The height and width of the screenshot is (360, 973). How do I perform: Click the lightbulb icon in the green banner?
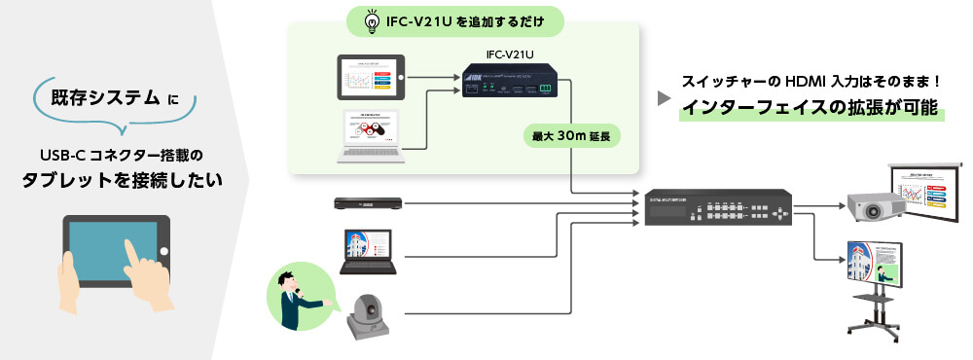pyautogui.click(x=372, y=21)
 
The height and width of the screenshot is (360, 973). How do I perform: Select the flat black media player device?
pyautogui.click(x=368, y=203)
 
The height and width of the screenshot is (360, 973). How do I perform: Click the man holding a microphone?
pyautogui.click(x=296, y=298)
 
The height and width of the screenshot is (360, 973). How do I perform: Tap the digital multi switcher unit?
pyautogui.click(x=718, y=210)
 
